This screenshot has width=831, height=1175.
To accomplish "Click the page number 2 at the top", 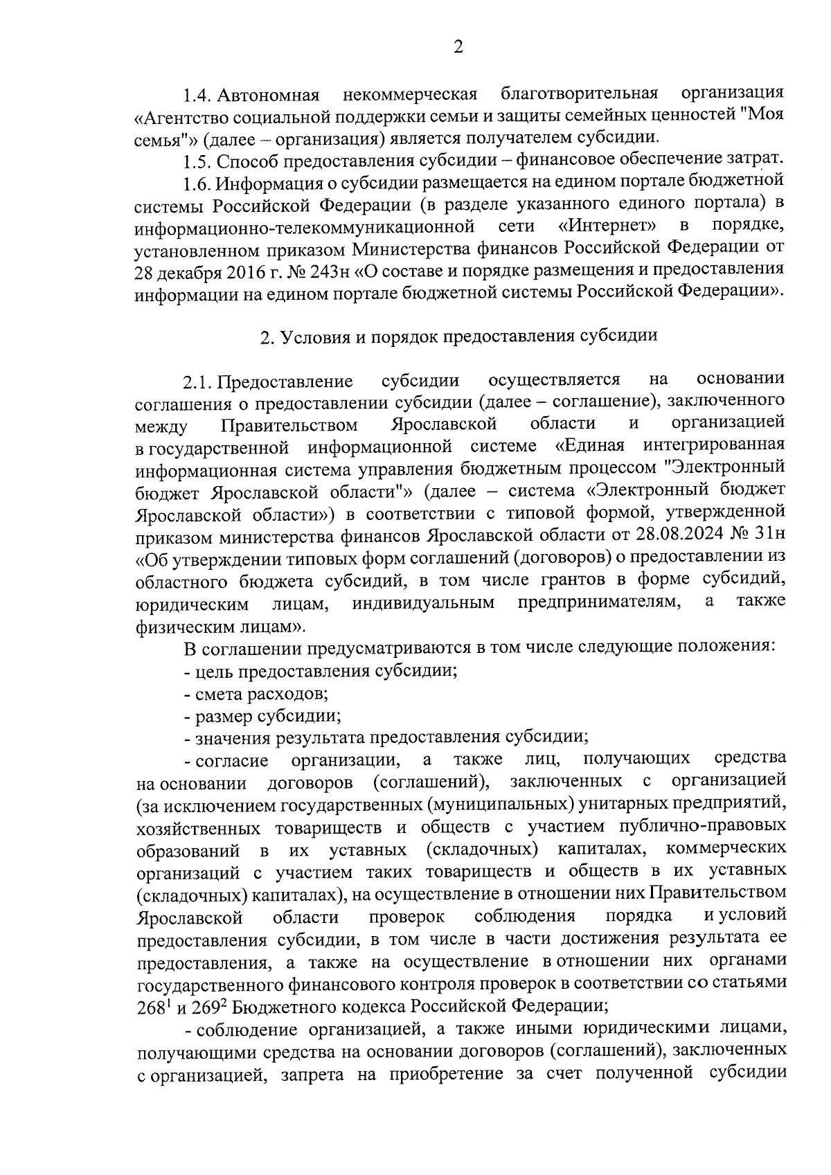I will point(457,47).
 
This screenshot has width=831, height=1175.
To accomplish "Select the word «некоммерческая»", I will point(411,93).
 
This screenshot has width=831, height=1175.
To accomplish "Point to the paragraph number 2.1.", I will point(196,381).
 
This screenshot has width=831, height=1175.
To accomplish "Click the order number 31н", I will point(767,535).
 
